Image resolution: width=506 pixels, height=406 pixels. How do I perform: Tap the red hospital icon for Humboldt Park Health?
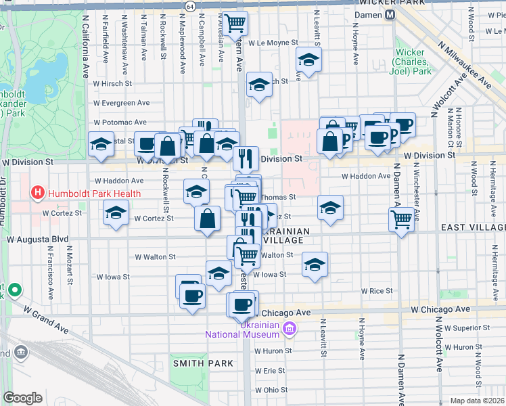(39, 194)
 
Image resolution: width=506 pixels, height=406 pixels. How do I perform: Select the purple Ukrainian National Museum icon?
(290, 329)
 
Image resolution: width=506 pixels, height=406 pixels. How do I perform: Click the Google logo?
(22, 398)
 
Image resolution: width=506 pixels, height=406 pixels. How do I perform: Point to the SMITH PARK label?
(203, 363)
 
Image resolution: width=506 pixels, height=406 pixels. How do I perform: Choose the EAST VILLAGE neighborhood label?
(471, 229)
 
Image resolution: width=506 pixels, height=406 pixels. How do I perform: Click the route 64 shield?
(191, 6)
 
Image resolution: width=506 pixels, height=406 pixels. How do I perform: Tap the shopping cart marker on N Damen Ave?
(402, 219)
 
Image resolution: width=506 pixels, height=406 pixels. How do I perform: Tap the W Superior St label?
(467, 328)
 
